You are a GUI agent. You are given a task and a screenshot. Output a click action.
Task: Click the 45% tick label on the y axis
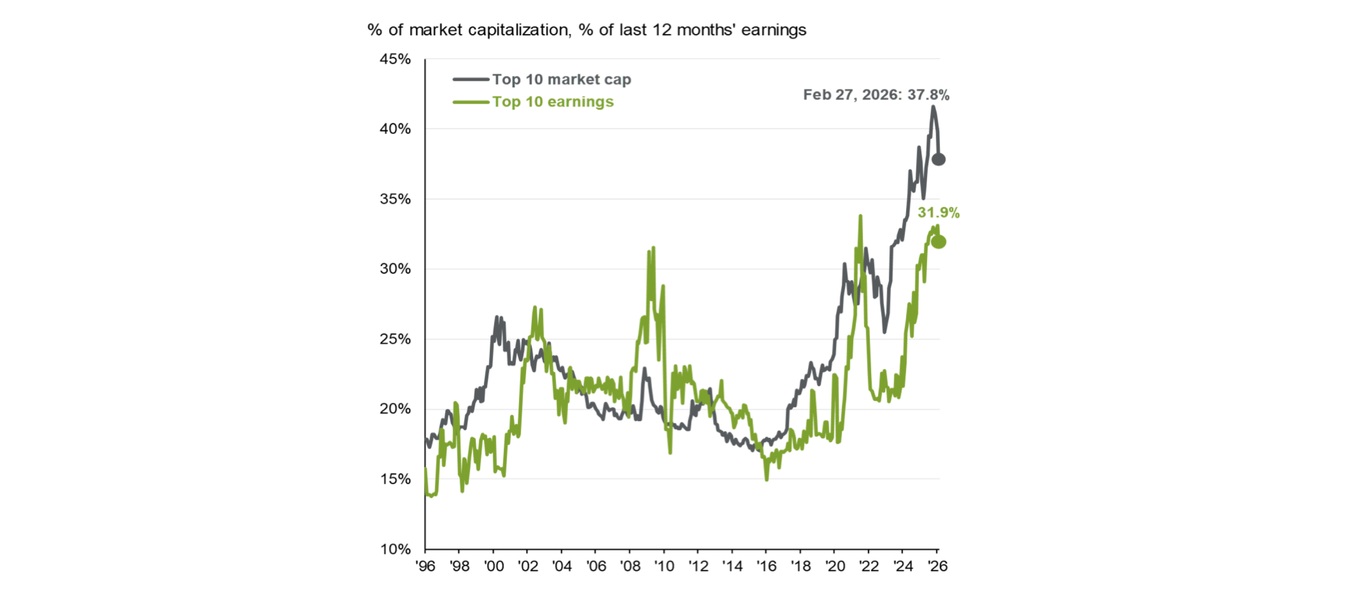pyautogui.click(x=395, y=59)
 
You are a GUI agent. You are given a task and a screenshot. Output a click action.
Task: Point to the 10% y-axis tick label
pyautogui.click(x=395, y=549)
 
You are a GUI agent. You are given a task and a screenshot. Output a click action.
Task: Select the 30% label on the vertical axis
pyautogui.click(x=395, y=269)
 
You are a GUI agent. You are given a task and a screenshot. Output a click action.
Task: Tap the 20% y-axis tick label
pyautogui.click(x=395, y=409)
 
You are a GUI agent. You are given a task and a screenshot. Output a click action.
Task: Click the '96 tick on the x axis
pyautogui.click(x=425, y=567)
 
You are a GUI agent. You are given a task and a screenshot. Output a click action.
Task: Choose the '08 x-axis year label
pyautogui.click(x=630, y=567)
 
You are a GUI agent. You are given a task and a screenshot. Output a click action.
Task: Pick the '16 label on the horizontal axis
pyautogui.click(x=766, y=567)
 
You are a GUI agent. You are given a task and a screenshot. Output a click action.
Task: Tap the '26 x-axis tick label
pyautogui.click(x=937, y=567)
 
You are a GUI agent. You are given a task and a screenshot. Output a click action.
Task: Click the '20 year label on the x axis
pyautogui.click(x=835, y=567)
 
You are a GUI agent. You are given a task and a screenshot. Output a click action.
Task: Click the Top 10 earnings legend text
pyautogui.click(x=553, y=102)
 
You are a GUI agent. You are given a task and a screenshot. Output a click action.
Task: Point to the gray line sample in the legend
pyautogui.click(x=471, y=80)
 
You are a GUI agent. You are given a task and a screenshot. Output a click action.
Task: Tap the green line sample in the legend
pyautogui.click(x=471, y=102)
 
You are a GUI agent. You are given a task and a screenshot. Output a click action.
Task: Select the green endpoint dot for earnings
pyautogui.click(x=938, y=242)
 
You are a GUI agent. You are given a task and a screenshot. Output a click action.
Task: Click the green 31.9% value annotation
pyautogui.click(x=938, y=213)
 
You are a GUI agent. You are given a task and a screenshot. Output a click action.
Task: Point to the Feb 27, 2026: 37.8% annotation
pyautogui.click(x=876, y=95)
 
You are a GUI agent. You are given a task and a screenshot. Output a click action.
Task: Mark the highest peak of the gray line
pyautogui.click(x=933, y=107)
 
